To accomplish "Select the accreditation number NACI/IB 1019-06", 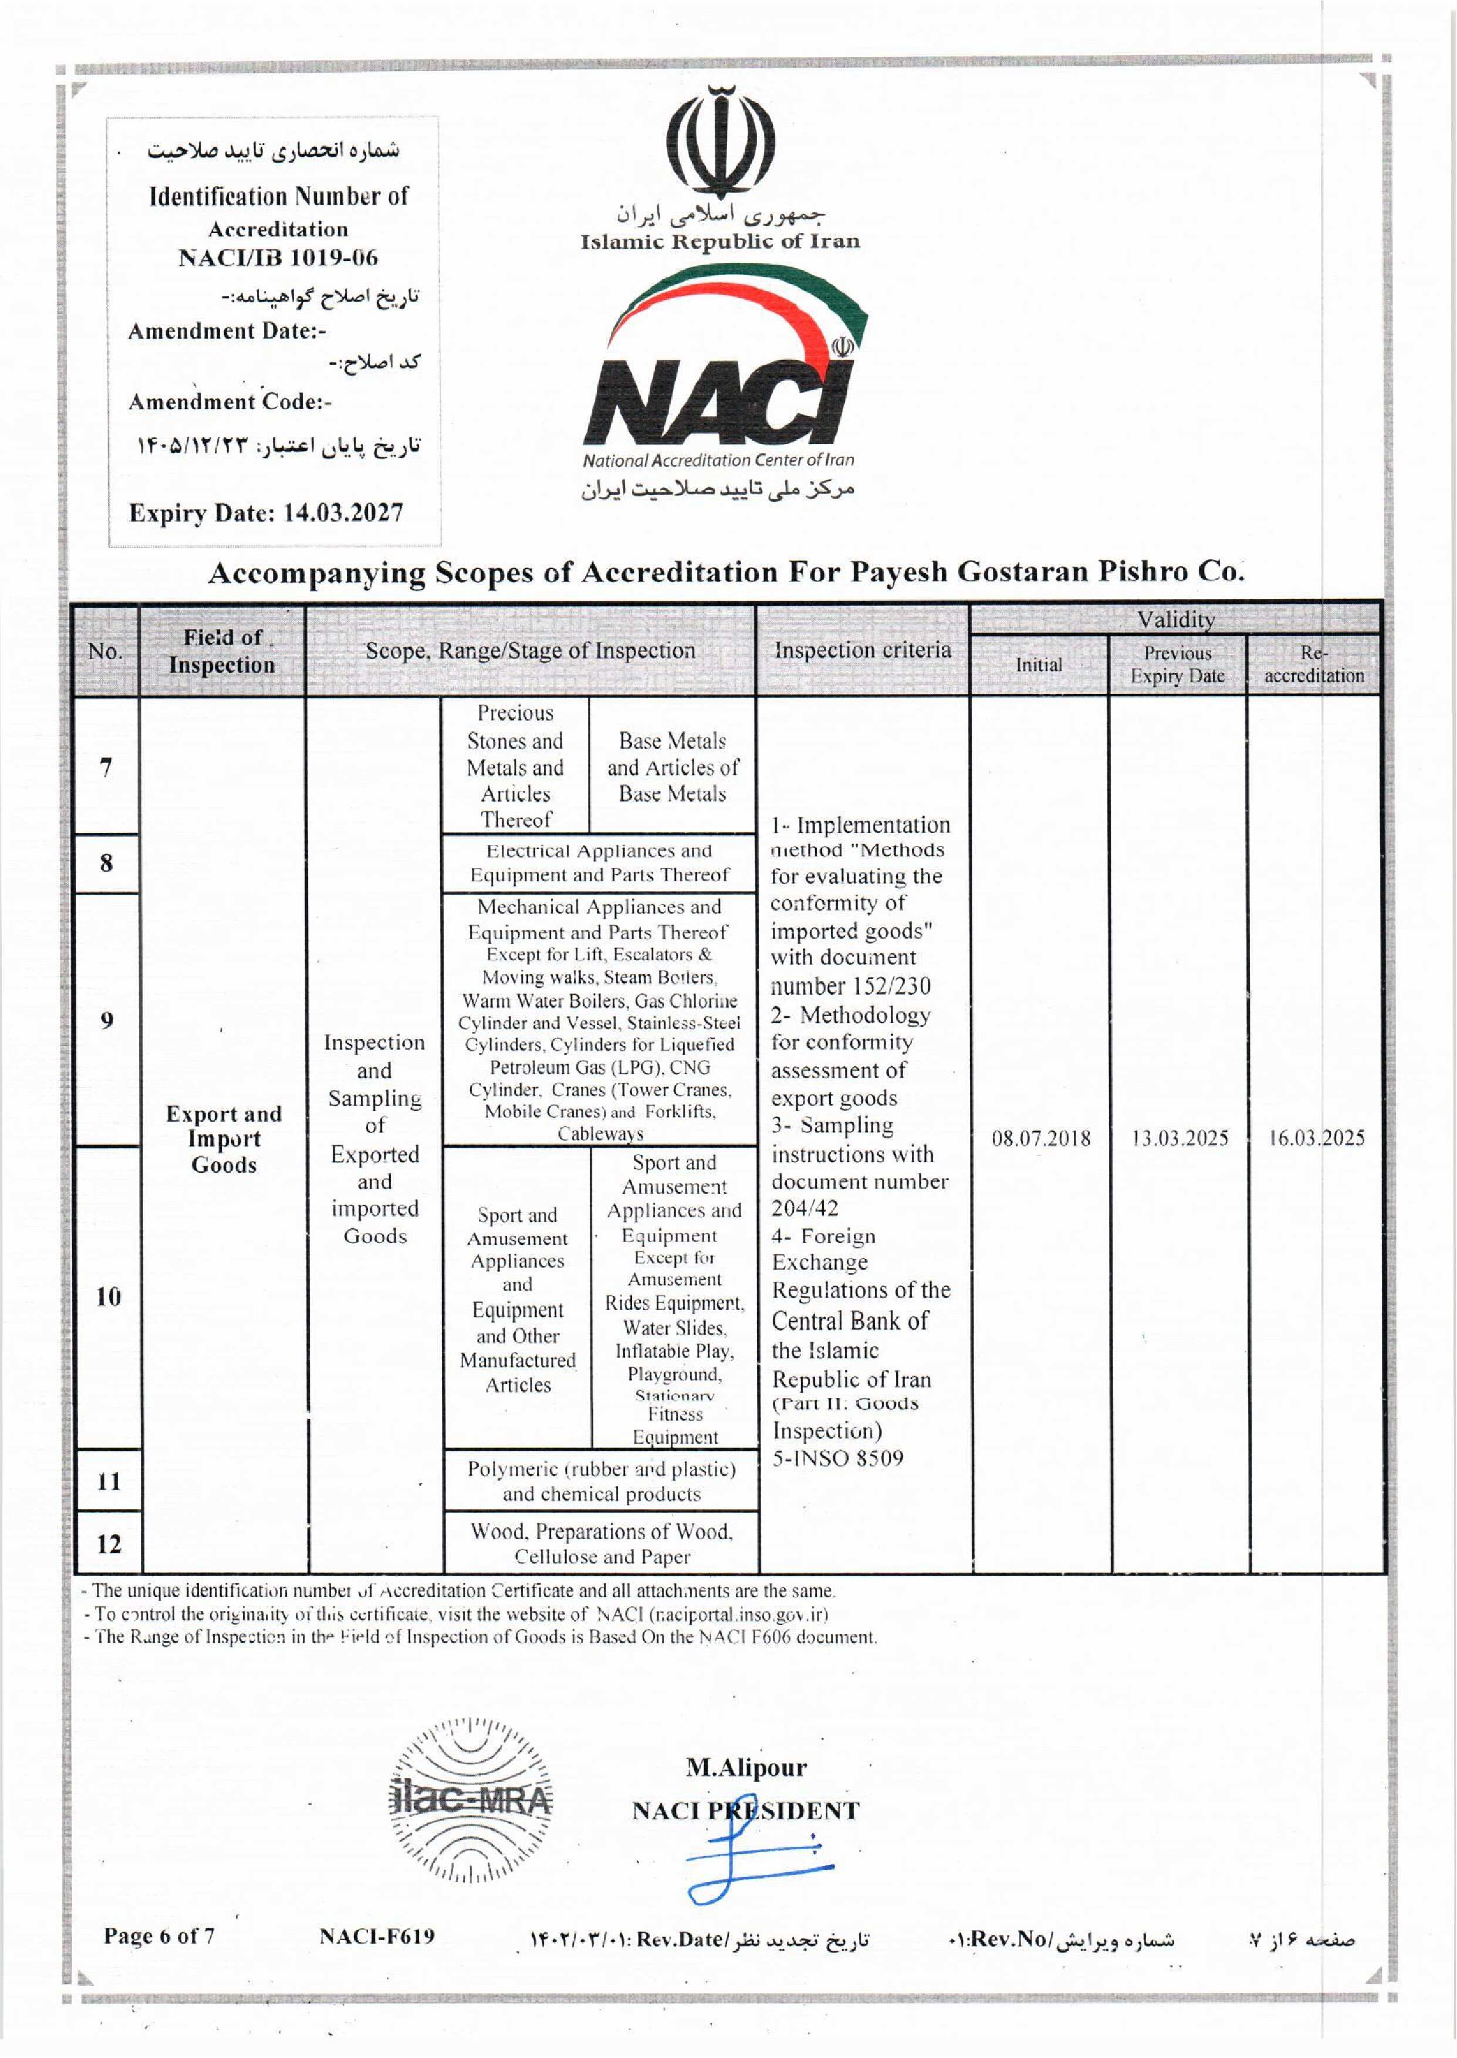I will (x=278, y=258).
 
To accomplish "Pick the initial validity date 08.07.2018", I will (x=1041, y=1139).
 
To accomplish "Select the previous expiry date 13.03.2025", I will (x=1179, y=1139).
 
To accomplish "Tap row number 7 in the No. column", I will (x=106, y=767).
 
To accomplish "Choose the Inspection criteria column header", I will (x=862, y=650).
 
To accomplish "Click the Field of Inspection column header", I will (x=222, y=651).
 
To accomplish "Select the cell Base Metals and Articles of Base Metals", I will (x=672, y=767).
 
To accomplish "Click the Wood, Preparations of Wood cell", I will (x=601, y=1543).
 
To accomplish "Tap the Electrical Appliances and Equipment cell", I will (x=599, y=862).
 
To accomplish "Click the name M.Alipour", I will (x=746, y=1766).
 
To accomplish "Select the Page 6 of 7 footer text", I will (x=159, y=1935).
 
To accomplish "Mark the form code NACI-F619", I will (x=377, y=1935).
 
